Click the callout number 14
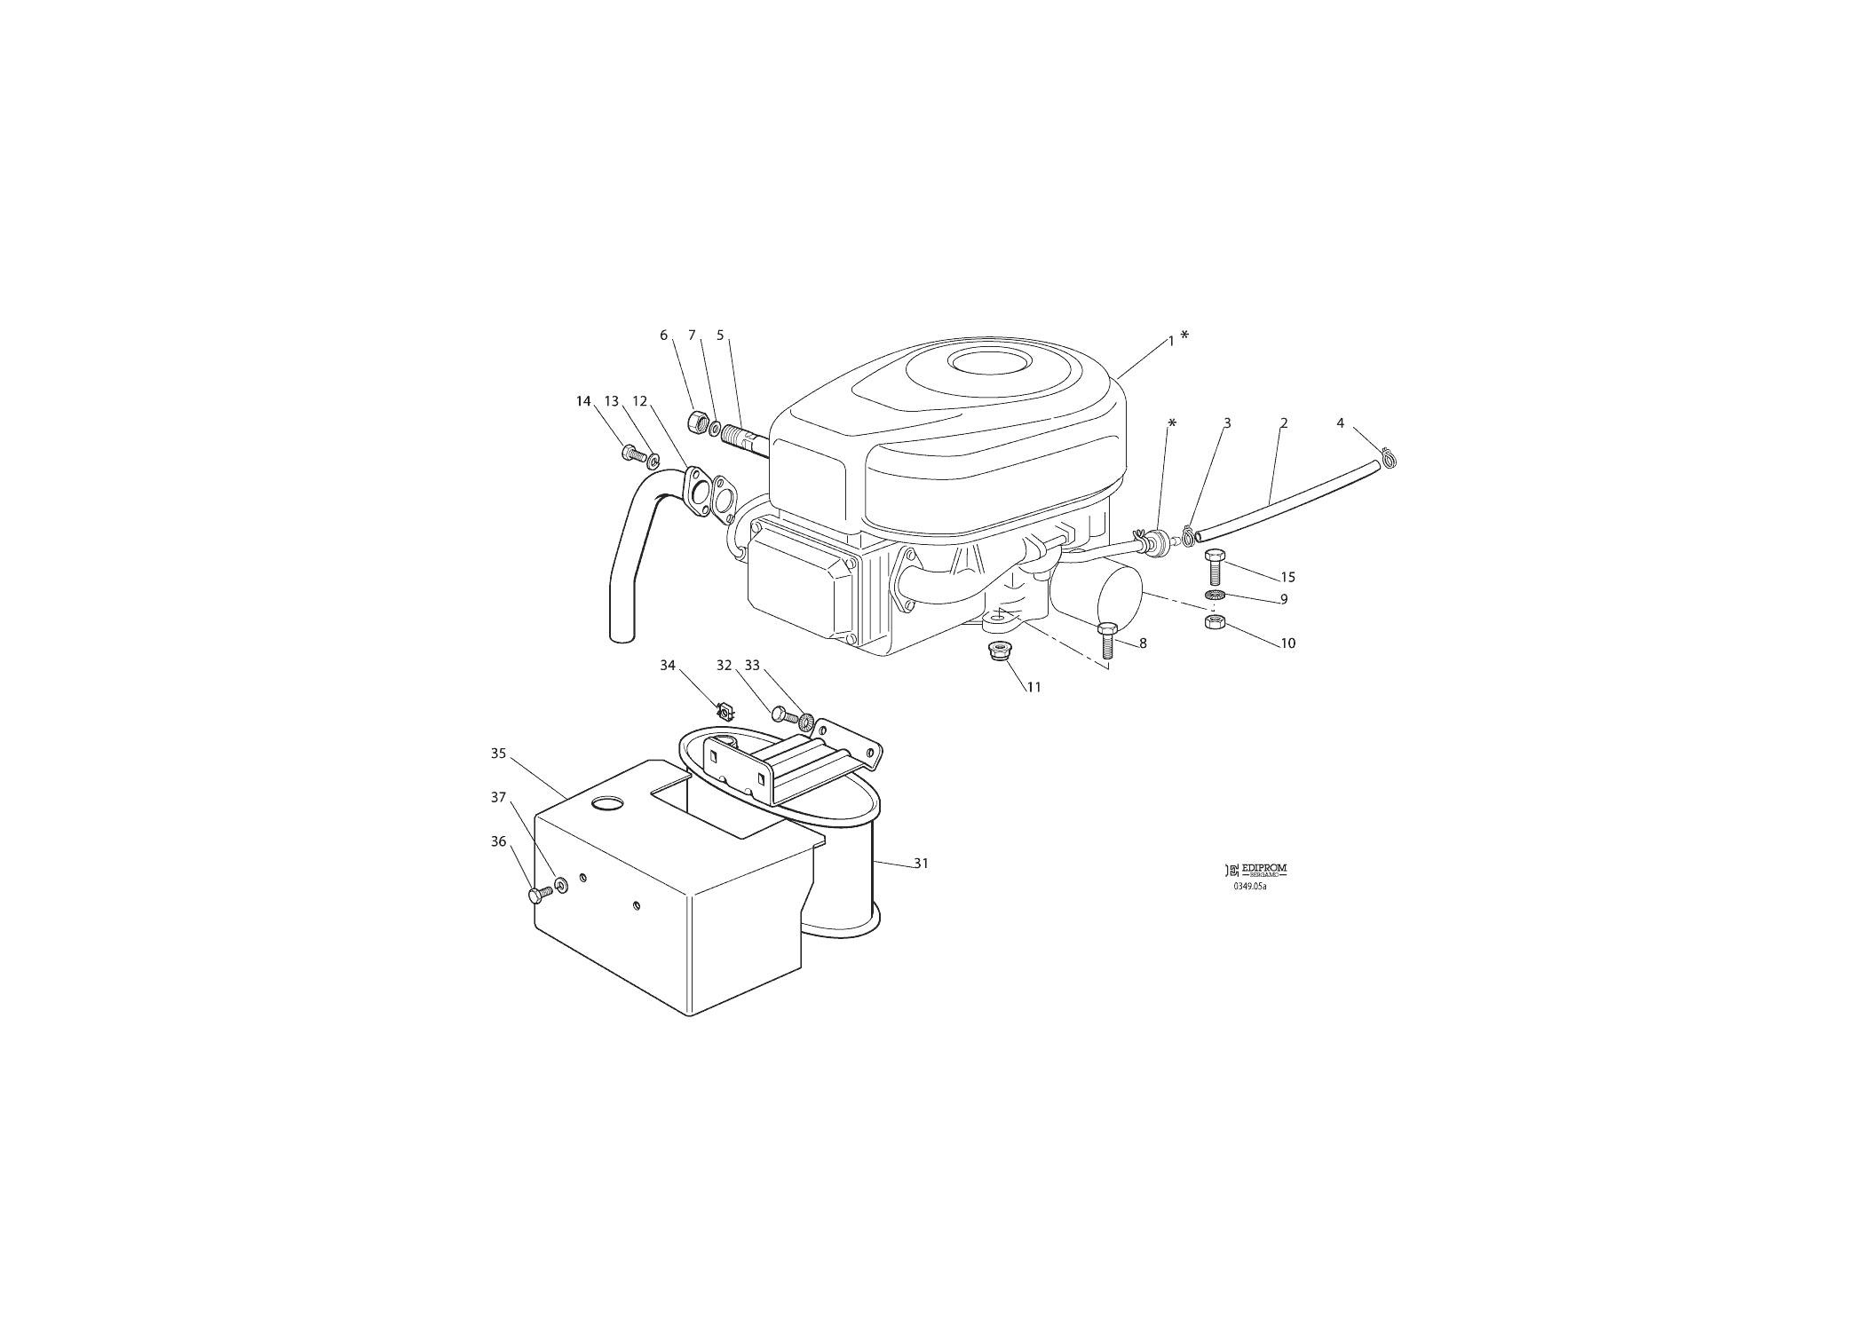(x=583, y=401)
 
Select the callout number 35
(x=498, y=754)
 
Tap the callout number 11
(x=1033, y=687)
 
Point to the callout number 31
(x=922, y=863)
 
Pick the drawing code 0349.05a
(x=1249, y=886)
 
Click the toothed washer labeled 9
(x=1216, y=594)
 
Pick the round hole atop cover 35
(x=608, y=803)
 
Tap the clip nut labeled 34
(x=725, y=710)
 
